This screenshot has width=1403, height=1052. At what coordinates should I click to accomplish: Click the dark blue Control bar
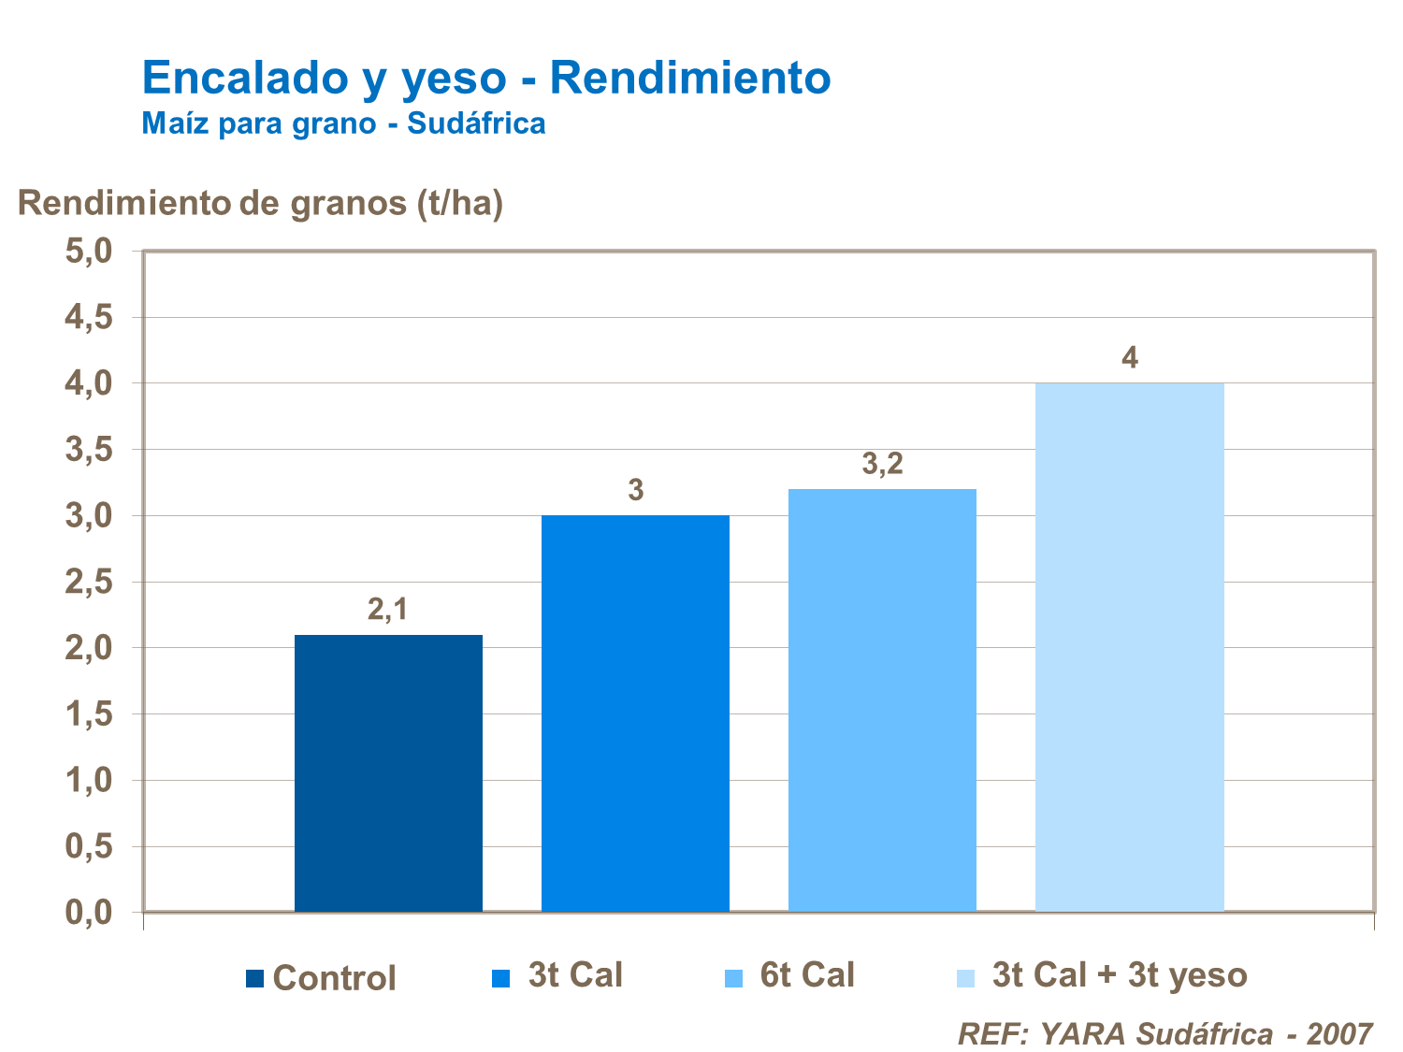(x=388, y=773)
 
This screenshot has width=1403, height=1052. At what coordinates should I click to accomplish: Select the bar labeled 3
(x=635, y=713)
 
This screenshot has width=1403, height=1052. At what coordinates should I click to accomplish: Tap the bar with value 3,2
(x=882, y=700)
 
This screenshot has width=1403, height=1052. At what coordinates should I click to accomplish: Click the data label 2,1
(x=387, y=610)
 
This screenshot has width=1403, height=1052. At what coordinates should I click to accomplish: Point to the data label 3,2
(x=882, y=463)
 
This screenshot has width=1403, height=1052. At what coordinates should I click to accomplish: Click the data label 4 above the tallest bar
(x=1130, y=358)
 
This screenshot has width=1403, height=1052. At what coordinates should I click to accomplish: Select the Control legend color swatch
(x=254, y=979)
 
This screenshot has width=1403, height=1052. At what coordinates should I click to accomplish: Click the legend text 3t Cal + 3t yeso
(x=1120, y=975)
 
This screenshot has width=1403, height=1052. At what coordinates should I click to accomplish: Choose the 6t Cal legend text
(x=807, y=975)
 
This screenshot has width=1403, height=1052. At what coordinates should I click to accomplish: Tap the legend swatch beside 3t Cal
(x=500, y=978)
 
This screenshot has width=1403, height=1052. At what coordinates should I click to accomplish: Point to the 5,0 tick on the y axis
(x=89, y=252)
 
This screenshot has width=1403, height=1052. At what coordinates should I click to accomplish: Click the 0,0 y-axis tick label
(x=89, y=913)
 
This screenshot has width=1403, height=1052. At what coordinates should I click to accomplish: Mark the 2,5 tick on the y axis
(x=89, y=583)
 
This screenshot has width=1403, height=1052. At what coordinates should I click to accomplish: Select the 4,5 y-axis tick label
(x=89, y=318)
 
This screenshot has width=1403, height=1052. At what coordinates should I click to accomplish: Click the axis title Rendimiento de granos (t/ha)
(x=261, y=203)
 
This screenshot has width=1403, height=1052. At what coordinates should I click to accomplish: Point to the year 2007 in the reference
(x=1339, y=1033)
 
